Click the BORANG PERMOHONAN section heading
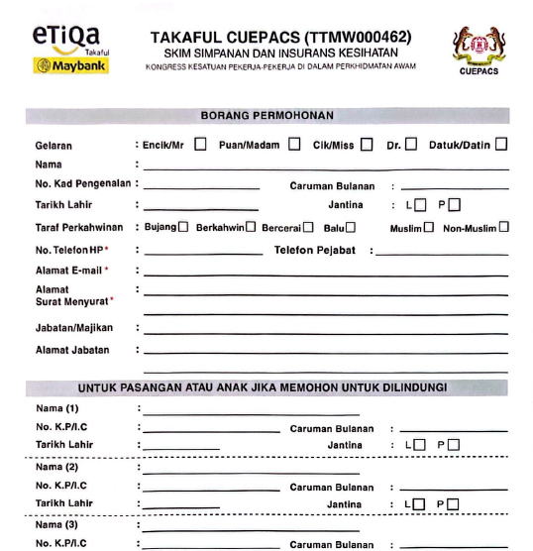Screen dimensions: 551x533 point(266,116)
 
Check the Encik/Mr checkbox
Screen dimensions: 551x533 point(201,145)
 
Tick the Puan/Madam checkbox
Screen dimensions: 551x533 point(294,145)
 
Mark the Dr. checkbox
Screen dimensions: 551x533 point(411,145)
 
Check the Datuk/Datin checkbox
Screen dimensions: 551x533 point(501,145)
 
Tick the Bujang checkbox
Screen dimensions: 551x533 point(183,228)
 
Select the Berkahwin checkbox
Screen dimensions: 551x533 point(251,228)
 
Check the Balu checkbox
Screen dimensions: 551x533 point(351,228)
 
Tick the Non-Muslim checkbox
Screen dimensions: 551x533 point(504,228)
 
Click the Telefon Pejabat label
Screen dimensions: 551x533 point(318,250)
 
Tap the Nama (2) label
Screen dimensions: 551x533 point(58,466)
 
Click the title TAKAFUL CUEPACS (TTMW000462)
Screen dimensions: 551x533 point(281,38)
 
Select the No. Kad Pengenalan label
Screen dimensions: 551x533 point(83,185)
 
